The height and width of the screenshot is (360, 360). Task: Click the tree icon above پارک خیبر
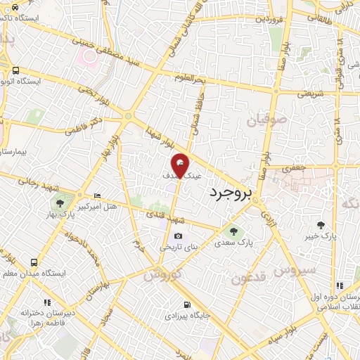click(x=321, y=225)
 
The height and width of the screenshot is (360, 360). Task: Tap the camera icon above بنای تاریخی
click(x=178, y=236)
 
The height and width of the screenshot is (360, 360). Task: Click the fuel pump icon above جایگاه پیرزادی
click(x=186, y=304)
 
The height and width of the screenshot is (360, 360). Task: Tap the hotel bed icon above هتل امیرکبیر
click(x=97, y=195)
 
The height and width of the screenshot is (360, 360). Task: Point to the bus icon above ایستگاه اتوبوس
click(x=15, y=70)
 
